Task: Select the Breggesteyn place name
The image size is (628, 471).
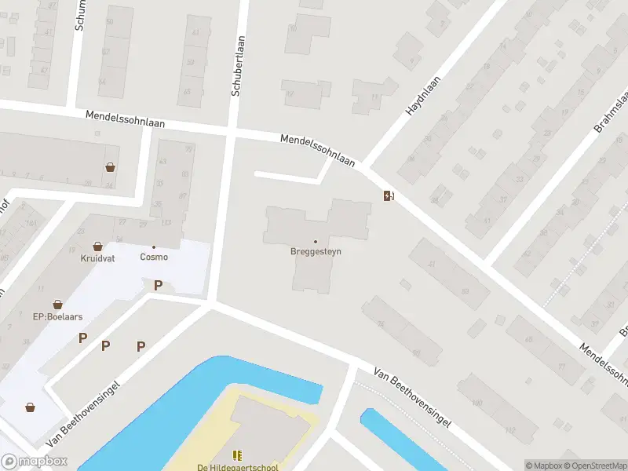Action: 316,252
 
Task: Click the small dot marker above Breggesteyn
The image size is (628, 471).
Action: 316,241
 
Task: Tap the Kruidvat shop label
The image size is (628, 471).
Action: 97,257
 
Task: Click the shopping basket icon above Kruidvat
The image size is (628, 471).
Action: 97,246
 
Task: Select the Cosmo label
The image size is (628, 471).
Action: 154,257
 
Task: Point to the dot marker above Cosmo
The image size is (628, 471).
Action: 154,246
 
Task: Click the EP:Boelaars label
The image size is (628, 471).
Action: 57,316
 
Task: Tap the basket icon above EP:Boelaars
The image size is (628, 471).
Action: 57,304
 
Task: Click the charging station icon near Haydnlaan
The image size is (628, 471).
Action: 389,195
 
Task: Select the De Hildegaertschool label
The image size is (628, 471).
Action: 237,468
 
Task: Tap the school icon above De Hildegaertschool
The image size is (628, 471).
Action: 237,455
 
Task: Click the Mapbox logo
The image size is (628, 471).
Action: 35,462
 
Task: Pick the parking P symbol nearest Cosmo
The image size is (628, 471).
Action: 158,286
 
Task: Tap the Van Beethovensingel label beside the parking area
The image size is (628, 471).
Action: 84,414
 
